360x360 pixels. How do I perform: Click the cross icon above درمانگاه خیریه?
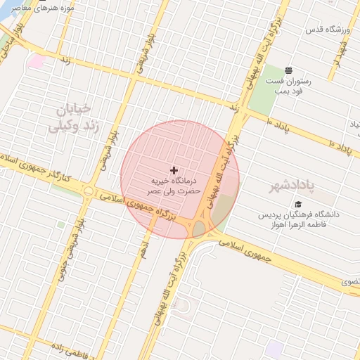click(x=174, y=170)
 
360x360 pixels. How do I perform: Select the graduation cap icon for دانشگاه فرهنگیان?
click(x=298, y=204)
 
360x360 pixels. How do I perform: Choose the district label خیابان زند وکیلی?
click(x=70, y=117)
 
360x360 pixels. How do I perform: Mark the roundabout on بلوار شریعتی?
click(x=89, y=191)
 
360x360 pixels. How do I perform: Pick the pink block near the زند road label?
click(x=37, y=60)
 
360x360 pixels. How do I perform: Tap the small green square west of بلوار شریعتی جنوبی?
click(x=61, y=225)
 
